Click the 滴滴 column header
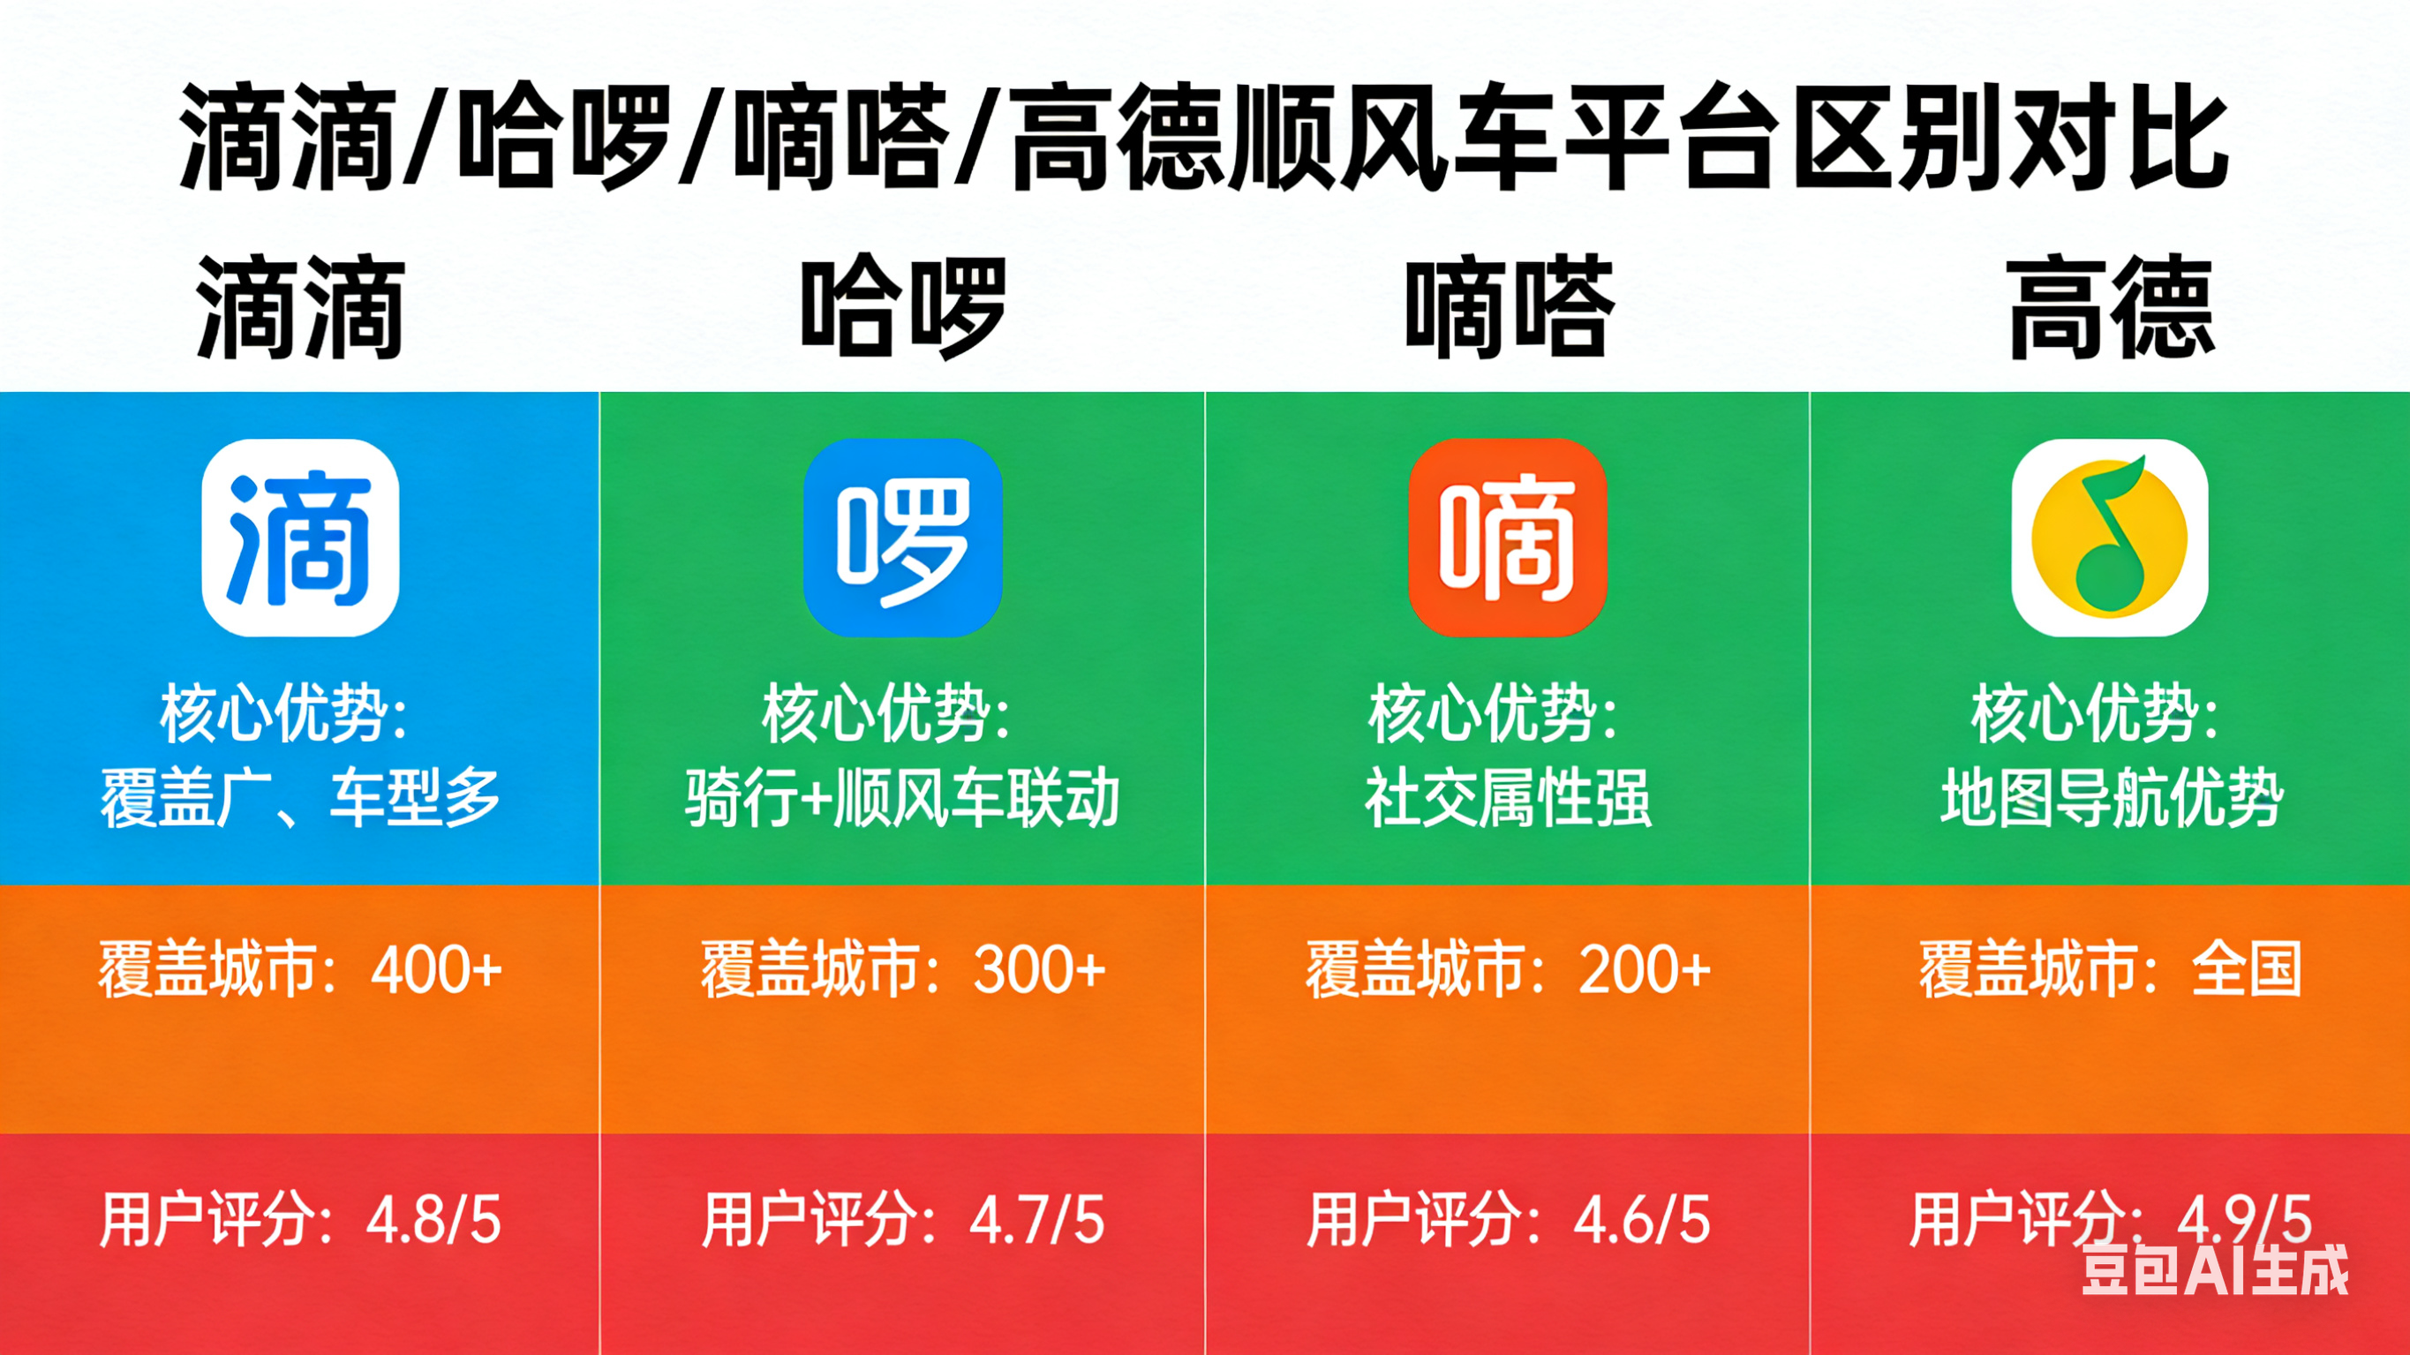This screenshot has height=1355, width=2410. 300,308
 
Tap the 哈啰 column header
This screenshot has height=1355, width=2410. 903,308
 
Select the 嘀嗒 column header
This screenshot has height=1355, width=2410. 1508,308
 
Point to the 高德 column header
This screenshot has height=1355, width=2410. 2111,308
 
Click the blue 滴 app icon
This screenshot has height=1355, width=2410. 300,538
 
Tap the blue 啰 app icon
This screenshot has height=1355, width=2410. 903,538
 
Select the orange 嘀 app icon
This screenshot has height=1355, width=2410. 1508,538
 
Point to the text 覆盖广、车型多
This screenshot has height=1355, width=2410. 300,797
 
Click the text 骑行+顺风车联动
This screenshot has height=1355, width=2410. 903,797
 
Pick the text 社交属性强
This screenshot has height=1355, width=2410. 1508,797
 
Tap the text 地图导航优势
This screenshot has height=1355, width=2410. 2112,797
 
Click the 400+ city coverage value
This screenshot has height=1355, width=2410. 437,969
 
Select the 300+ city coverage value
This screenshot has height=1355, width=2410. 1040,969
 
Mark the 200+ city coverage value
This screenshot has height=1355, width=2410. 1645,969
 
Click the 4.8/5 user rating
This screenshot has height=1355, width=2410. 433,1220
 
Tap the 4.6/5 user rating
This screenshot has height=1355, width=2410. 1642,1220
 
